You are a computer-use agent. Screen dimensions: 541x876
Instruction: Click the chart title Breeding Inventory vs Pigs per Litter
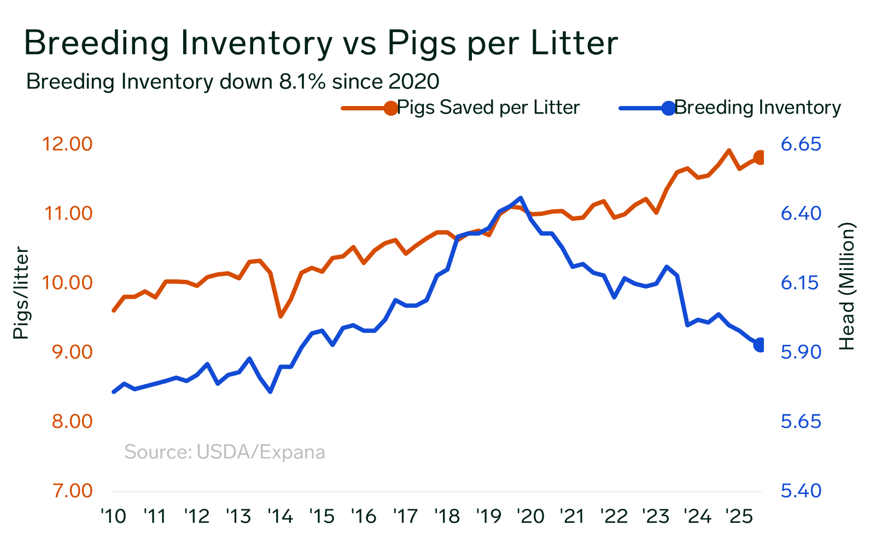pyautogui.click(x=321, y=43)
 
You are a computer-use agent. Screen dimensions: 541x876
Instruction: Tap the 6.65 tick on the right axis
pyautogui.click(x=801, y=144)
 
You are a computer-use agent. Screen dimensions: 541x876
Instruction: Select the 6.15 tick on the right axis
pyautogui.click(x=801, y=283)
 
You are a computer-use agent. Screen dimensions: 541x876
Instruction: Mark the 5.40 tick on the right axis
pyautogui.click(x=801, y=491)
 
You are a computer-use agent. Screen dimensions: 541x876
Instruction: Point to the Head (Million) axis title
pyautogui.click(x=846, y=286)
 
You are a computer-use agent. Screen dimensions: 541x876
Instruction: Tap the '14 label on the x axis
pyautogui.click(x=280, y=516)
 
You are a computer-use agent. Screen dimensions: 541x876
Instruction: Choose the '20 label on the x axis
pyautogui.click(x=530, y=516)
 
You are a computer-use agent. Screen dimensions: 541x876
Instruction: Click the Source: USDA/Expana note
pyautogui.click(x=225, y=452)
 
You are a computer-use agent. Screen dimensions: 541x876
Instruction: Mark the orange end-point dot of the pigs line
pyautogui.click(x=760, y=157)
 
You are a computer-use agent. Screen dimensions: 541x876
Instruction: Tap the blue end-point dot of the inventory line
pyautogui.click(x=760, y=344)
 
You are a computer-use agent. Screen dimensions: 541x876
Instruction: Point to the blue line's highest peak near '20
pyautogui.click(x=520, y=198)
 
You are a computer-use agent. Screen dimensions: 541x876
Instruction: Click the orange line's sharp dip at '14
pyautogui.click(x=281, y=316)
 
